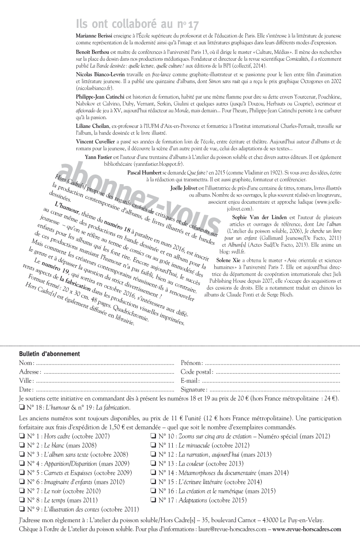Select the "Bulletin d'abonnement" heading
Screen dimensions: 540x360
(49, 354)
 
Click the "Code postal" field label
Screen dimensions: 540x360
(197, 371)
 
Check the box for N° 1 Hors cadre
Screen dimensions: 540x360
(22, 436)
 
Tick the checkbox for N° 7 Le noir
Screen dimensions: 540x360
(22, 491)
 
